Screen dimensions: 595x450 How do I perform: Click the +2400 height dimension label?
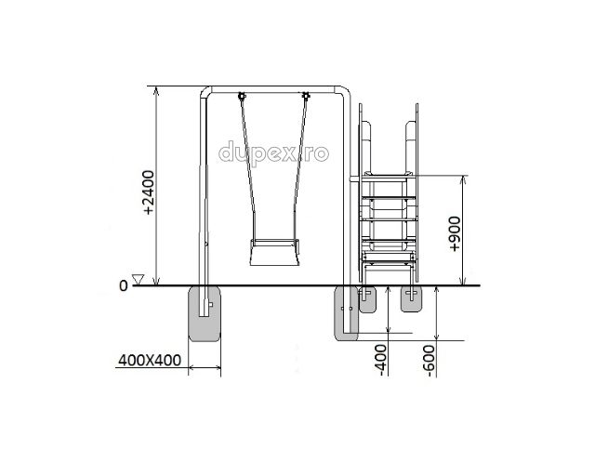[149, 192]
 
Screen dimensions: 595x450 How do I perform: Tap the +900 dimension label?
[455, 233]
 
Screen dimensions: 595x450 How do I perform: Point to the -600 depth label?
[430, 361]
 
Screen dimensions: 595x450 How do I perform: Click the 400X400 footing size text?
[150, 361]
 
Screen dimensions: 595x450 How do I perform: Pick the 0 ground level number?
[124, 285]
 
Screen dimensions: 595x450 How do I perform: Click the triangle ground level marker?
[138, 279]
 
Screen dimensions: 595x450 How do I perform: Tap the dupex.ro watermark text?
[273, 153]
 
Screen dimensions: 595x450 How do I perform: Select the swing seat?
[274, 252]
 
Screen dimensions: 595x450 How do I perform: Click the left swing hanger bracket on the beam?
[241, 96]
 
